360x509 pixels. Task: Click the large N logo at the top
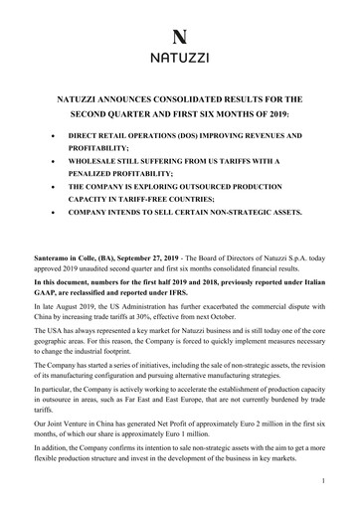coord(180,33)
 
